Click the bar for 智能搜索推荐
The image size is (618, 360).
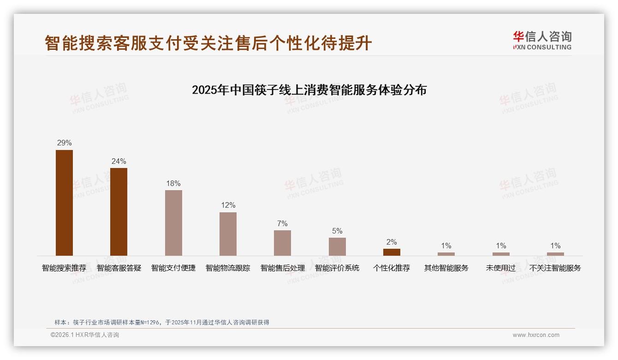click(64, 203)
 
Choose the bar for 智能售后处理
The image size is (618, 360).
click(282, 243)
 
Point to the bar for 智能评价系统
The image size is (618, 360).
click(337, 246)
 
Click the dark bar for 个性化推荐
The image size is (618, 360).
click(392, 252)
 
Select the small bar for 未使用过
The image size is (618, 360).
click(501, 254)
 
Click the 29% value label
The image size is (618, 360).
click(64, 143)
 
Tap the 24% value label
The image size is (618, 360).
click(119, 161)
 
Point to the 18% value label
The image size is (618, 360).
click(173, 183)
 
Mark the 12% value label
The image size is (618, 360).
click(228, 205)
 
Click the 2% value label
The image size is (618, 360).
click(392, 242)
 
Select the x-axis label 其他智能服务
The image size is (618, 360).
click(446, 268)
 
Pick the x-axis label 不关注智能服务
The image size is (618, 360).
click(555, 268)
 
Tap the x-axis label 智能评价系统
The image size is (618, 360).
click(337, 268)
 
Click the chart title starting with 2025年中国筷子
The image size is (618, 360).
click(309, 90)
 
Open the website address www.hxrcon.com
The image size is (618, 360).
click(536, 335)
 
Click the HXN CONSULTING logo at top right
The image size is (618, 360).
click(542, 40)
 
